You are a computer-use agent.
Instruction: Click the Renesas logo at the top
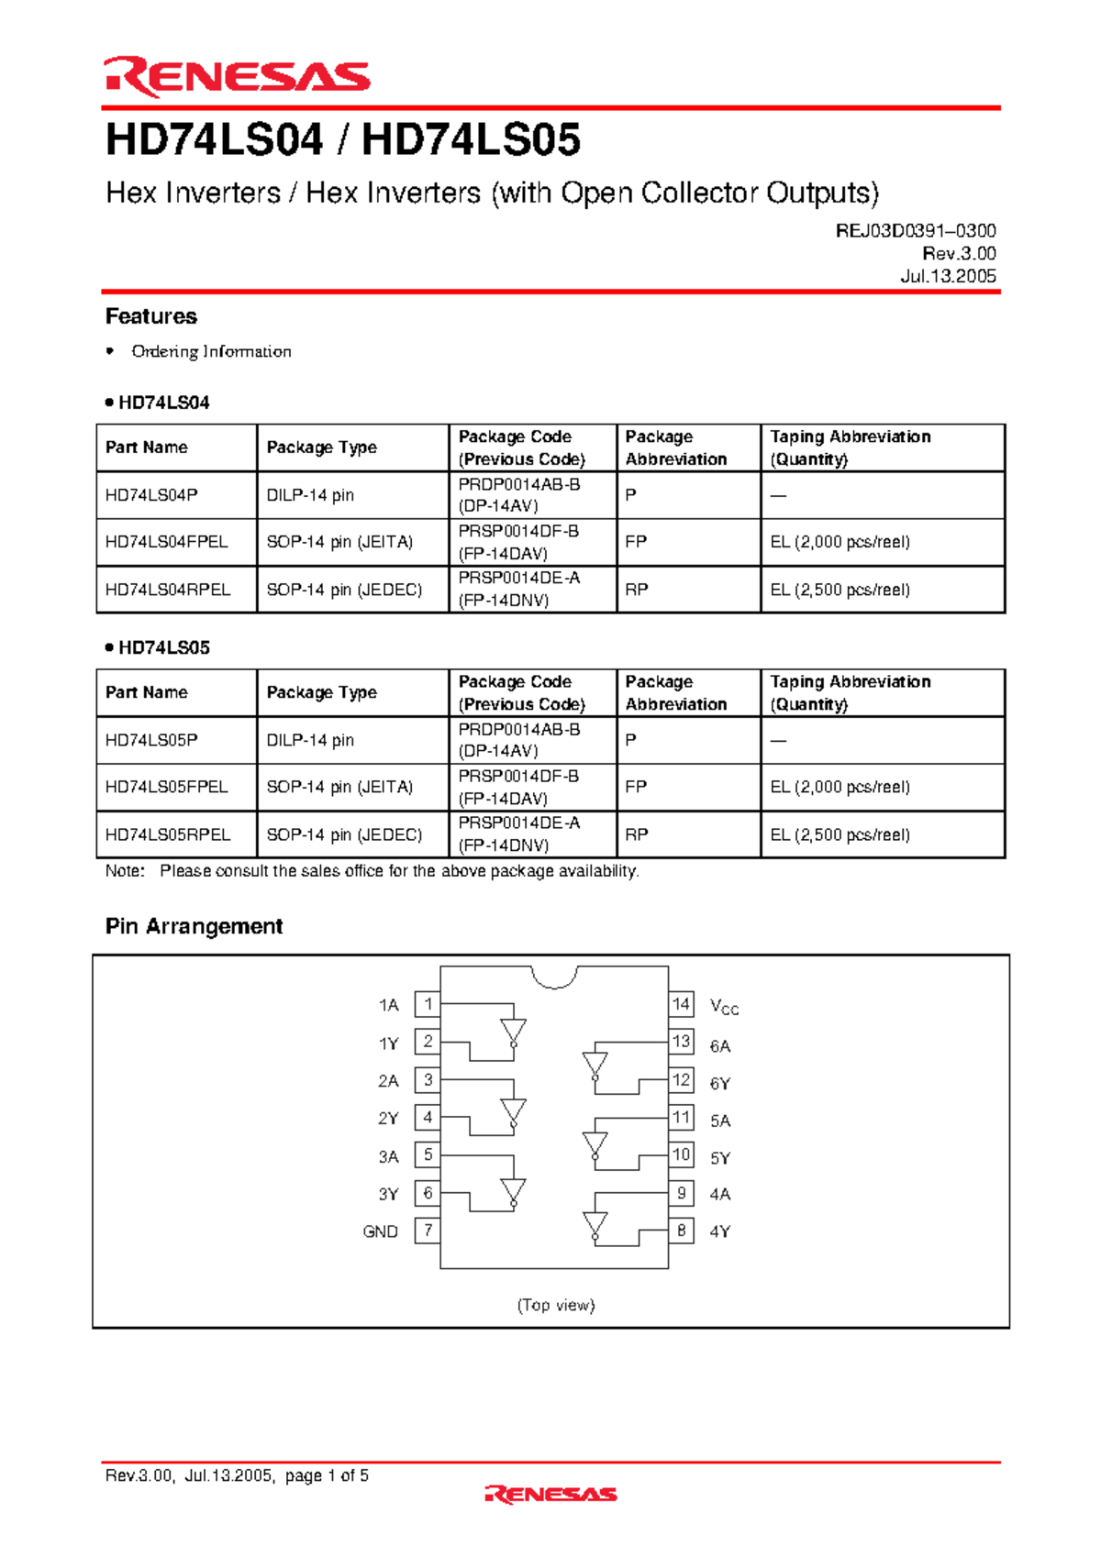tap(237, 77)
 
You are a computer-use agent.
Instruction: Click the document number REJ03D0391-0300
tap(915, 231)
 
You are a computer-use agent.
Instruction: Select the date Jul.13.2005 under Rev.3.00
tap(948, 276)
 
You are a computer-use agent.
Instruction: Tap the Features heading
tap(151, 316)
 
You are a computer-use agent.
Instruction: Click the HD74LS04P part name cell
tap(151, 495)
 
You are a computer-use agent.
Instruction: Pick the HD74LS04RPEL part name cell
tap(168, 590)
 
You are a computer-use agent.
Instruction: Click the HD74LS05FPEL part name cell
tap(166, 787)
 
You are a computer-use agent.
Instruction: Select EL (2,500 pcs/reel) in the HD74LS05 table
tap(840, 834)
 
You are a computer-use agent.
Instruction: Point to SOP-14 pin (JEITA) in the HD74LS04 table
tap(339, 542)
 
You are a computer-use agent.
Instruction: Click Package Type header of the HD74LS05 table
tap(321, 692)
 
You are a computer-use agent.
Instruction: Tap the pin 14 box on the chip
tap(681, 1004)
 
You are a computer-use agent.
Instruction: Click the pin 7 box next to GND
tap(428, 1231)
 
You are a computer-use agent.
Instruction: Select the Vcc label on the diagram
tap(724, 1007)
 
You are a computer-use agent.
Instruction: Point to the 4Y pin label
tap(720, 1231)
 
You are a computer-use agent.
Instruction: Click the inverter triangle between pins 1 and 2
tap(514, 1031)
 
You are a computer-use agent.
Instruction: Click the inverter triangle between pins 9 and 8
tap(595, 1224)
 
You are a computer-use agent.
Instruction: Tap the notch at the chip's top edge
tap(555, 977)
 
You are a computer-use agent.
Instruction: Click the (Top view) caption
tap(556, 1305)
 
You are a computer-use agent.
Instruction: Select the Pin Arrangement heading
tap(194, 926)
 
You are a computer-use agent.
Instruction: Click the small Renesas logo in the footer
tap(550, 1495)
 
